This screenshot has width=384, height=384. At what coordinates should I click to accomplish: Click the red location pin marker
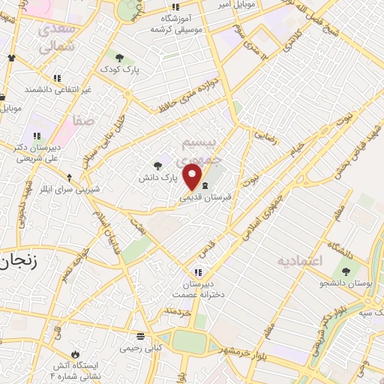pos(193,177)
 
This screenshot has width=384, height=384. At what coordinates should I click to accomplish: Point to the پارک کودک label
pos(118,70)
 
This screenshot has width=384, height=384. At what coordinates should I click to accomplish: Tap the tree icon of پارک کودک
pos(118,57)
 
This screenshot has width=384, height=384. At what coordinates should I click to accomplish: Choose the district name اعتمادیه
pos(299,261)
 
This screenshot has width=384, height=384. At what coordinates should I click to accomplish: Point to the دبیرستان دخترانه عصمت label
pos(197,289)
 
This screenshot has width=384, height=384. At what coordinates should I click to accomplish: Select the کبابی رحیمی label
pos(140,349)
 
